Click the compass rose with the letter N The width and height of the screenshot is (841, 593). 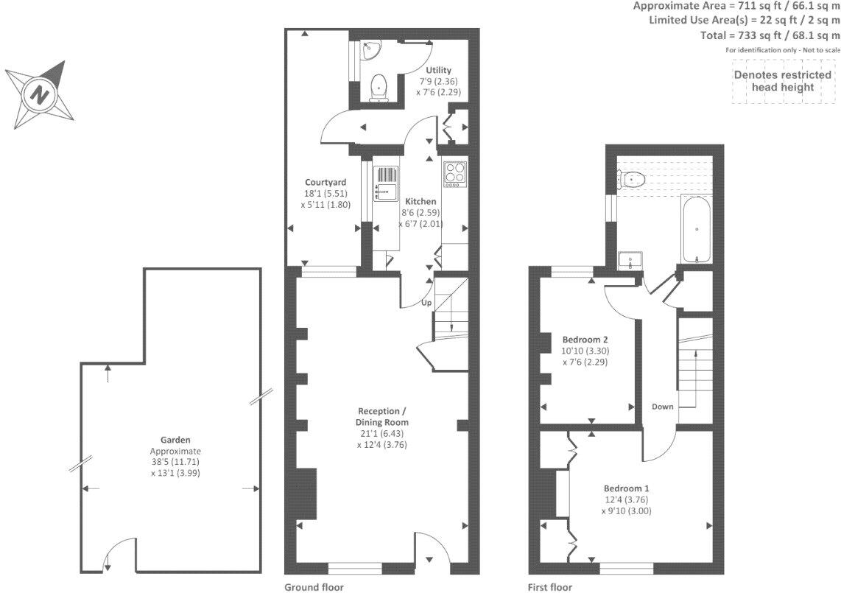(40, 94)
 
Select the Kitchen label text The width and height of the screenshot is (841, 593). (420, 201)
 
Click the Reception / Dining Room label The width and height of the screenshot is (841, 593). (382, 416)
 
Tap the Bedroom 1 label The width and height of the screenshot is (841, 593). (626, 488)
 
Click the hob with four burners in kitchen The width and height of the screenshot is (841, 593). (454, 174)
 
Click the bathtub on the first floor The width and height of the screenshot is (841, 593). (696, 228)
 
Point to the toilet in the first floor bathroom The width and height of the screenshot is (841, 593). (632, 178)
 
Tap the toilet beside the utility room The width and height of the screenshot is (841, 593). (379, 86)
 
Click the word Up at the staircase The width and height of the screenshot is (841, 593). (426, 303)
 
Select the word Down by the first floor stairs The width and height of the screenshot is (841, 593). (662, 407)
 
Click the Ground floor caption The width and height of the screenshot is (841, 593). (314, 587)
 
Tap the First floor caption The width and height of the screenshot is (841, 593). (549, 587)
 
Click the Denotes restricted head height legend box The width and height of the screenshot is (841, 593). (782, 81)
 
